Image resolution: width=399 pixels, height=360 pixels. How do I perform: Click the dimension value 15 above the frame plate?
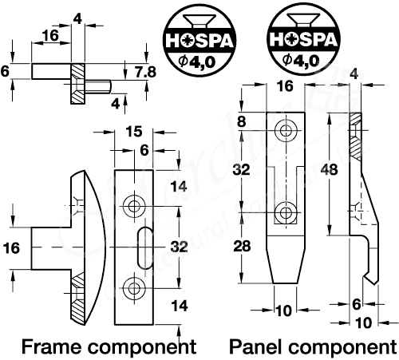click(134, 132)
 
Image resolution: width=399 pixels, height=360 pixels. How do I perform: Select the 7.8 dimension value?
click(144, 73)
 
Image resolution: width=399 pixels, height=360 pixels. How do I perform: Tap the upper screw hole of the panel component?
click(285, 130)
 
